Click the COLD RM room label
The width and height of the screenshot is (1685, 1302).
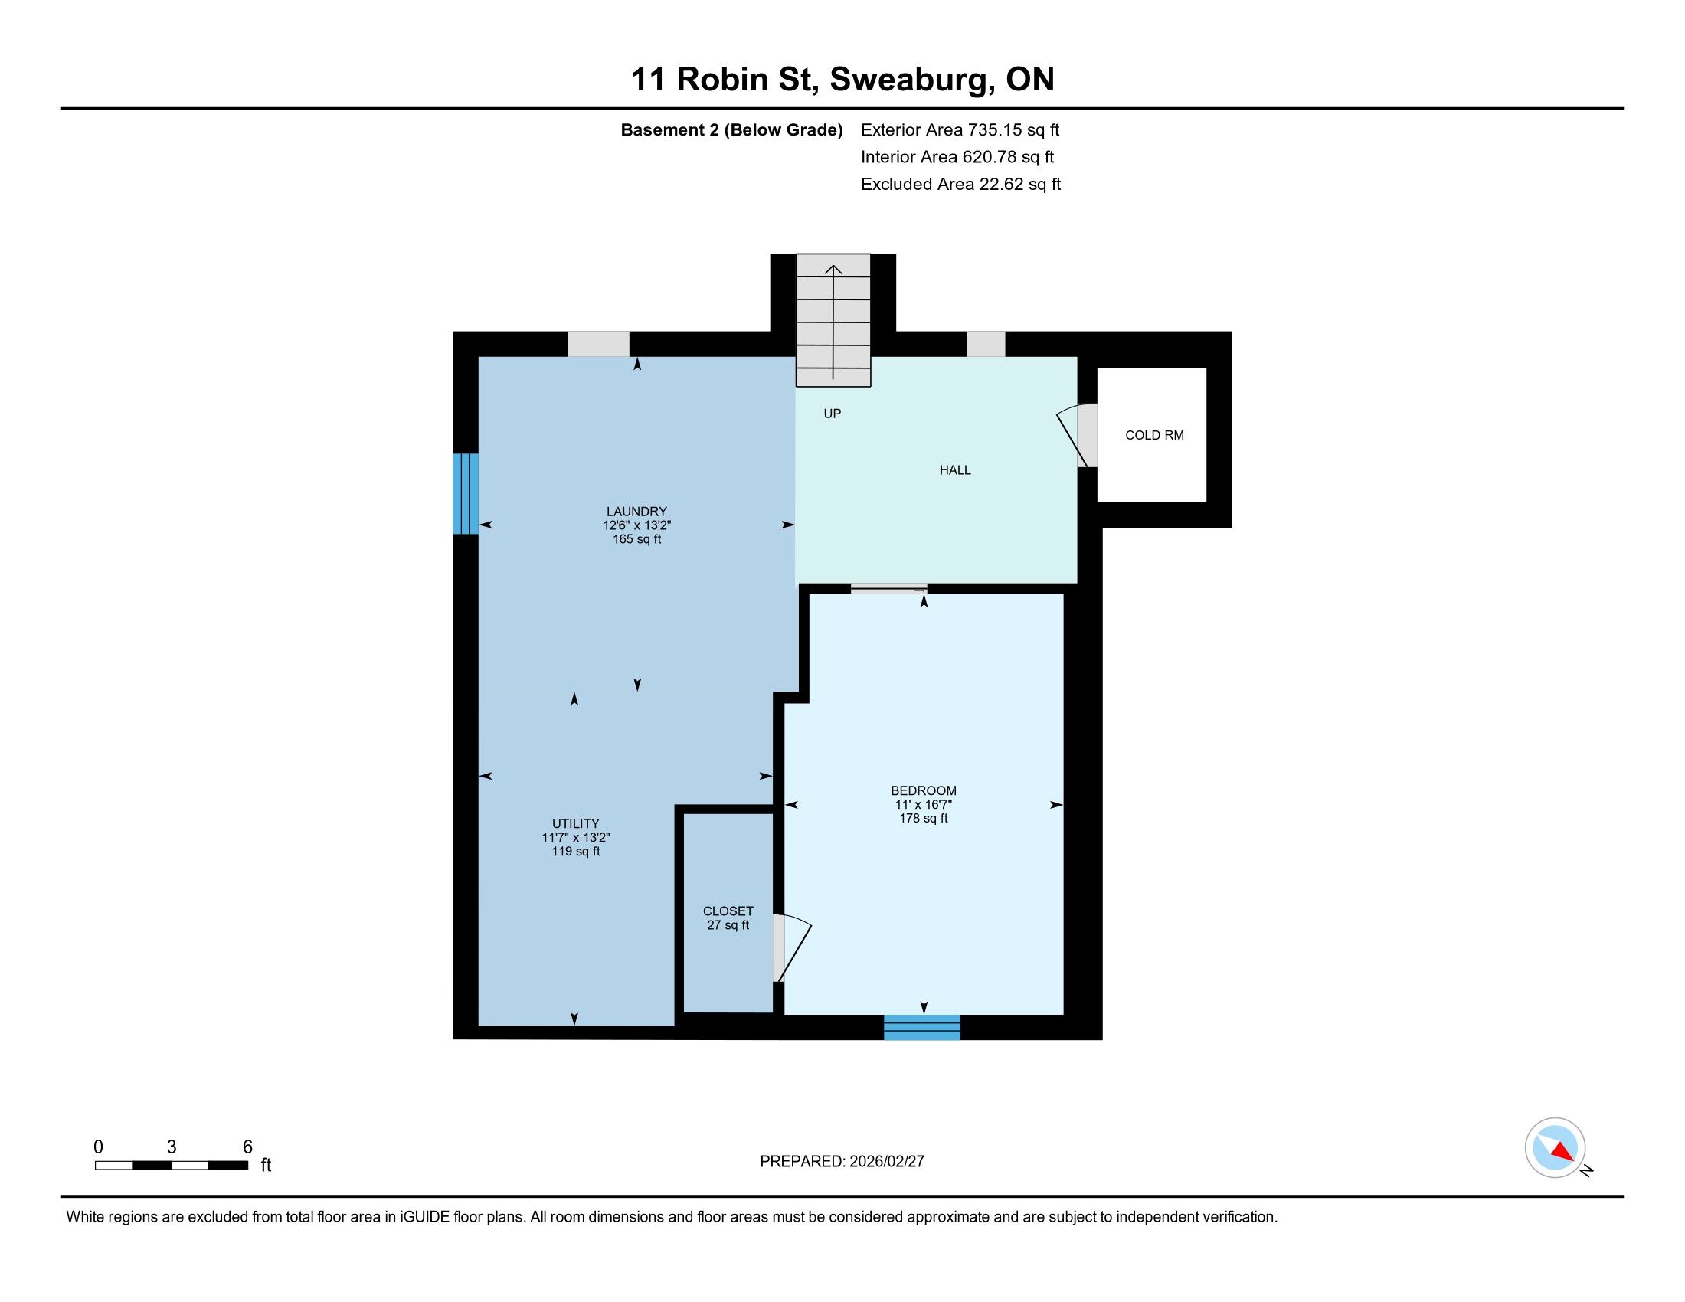click(1154, 435)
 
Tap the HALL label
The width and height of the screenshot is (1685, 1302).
click(955, 469)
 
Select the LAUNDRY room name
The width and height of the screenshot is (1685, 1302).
click(636, 512)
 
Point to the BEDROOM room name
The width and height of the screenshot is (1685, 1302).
click(924, 790)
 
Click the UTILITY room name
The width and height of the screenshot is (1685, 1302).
click(575, 824)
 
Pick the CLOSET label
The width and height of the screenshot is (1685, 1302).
click(728, 911)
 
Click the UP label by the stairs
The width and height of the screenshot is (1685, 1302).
click(832, 414)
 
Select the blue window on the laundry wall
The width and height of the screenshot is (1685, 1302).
click(466, 494)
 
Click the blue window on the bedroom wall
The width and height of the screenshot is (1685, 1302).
click(922, 1027)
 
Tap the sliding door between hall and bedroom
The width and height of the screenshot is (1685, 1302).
click(888, 590)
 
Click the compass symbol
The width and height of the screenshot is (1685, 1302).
click(1556, 1147)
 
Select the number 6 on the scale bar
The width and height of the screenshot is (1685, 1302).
click(247, 1147)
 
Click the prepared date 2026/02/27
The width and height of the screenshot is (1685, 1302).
click(885, 1162)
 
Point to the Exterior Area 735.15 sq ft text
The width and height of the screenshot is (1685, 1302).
click(960, 129)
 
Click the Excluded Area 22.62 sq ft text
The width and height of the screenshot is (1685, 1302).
click(961, 185)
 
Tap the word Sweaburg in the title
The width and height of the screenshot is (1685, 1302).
click(911, 80)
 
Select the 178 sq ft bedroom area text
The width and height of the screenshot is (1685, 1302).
click(924, 819)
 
